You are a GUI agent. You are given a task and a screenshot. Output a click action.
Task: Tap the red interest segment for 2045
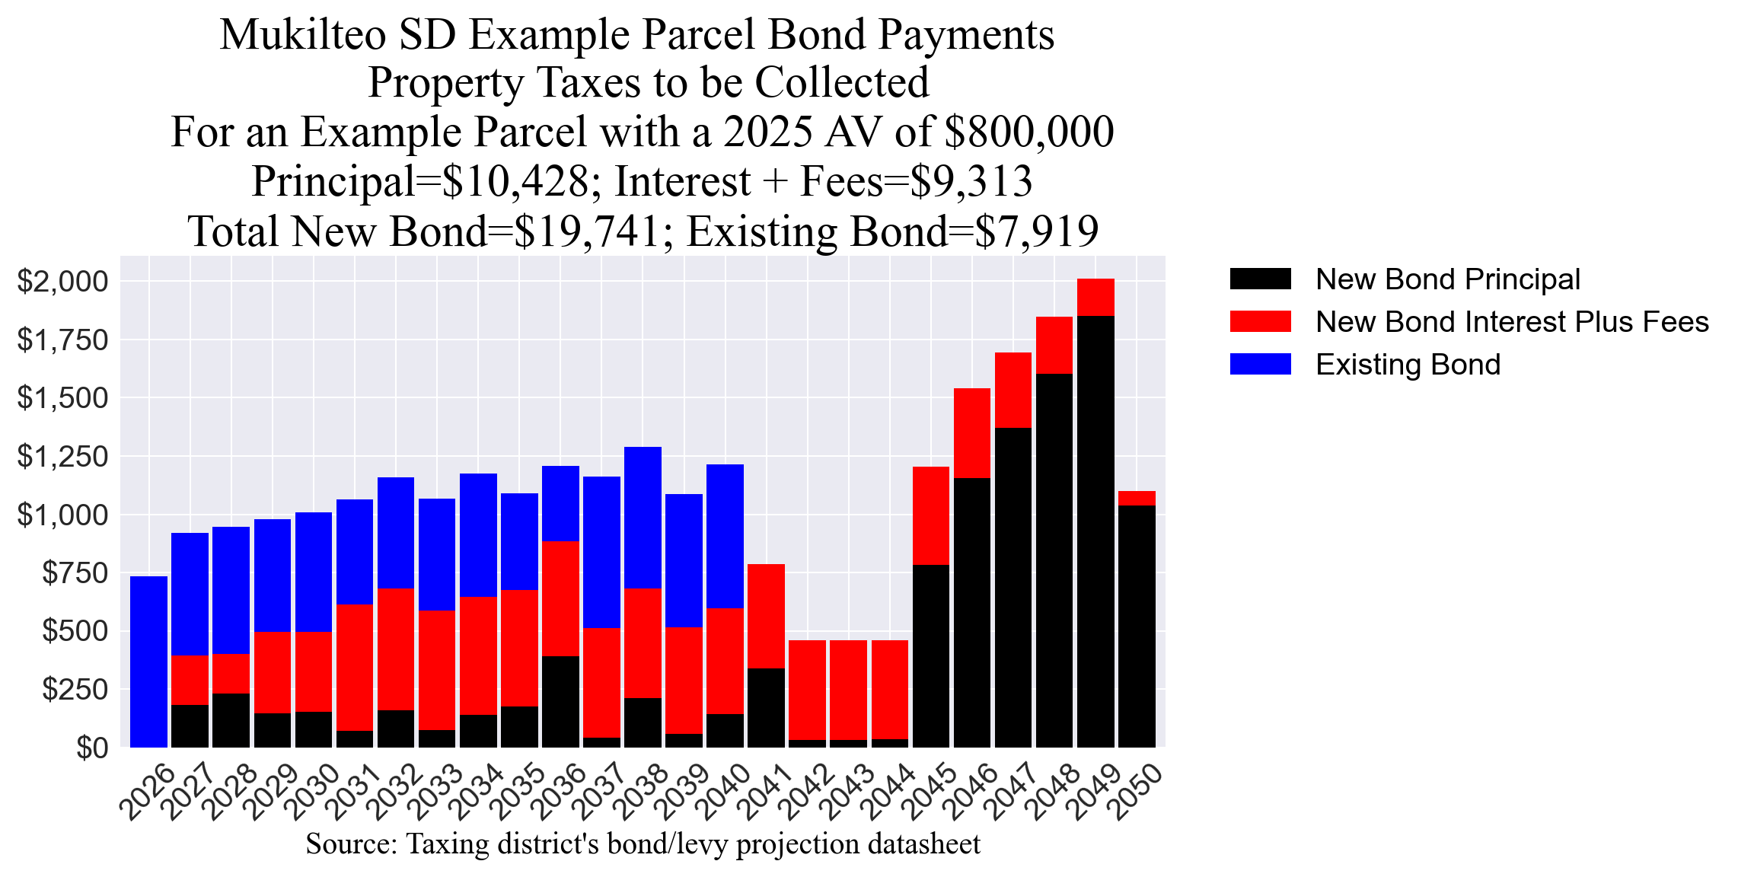click(x=931, y=515)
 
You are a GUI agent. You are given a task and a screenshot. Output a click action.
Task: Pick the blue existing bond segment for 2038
click(x=643, y=518)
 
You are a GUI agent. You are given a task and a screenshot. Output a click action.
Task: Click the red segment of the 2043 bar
click(x=848, y=690)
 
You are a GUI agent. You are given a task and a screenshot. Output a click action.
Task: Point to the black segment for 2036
click(x=560, y=701)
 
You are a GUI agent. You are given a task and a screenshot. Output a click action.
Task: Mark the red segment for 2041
click(x=766, y=616)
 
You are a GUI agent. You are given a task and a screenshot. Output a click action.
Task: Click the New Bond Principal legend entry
click(x=1446, y=279)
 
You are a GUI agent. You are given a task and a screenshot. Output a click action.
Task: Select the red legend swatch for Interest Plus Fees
click(x=1260, y=321)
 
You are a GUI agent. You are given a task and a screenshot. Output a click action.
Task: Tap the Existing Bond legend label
click(x=1408, y=365)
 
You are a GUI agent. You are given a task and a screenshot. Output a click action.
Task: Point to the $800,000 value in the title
click(x=1028, y=132)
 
